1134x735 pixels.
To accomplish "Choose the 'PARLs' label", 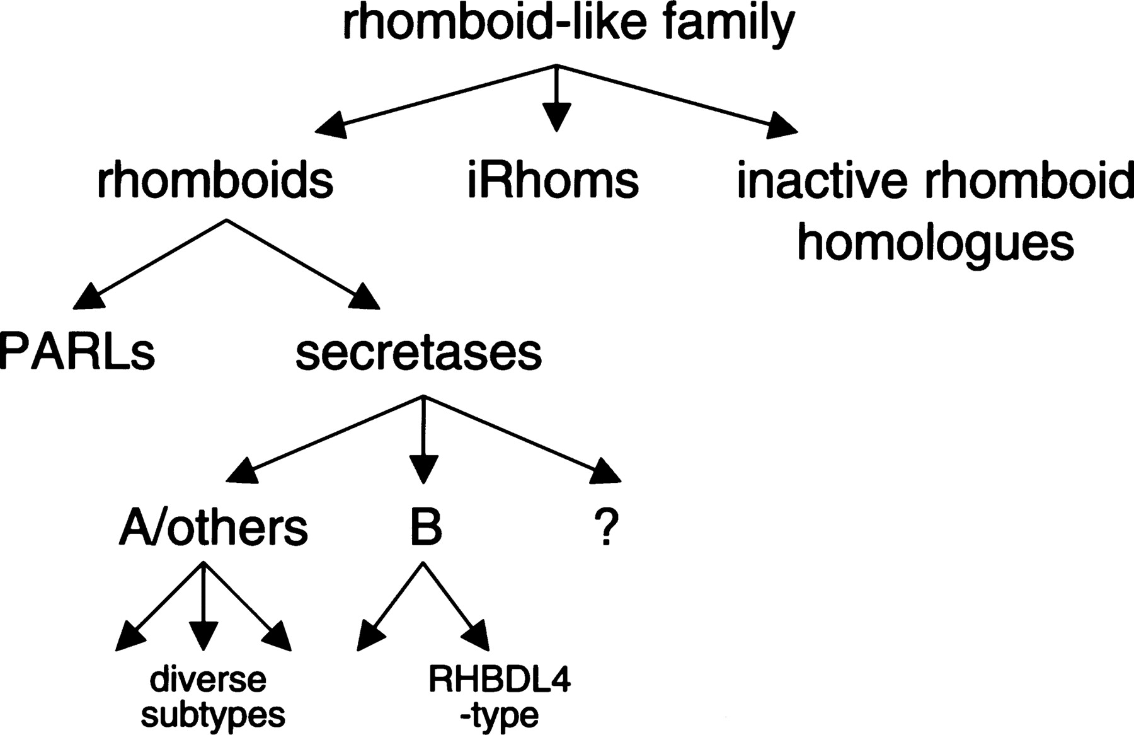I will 77,352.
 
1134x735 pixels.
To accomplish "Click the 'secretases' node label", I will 418,352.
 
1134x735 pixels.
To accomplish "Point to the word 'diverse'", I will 208,680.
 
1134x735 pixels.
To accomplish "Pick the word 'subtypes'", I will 213,715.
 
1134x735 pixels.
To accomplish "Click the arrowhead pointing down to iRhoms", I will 556,118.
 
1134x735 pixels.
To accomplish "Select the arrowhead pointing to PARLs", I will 88,298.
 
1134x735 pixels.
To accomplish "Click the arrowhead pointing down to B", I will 423,470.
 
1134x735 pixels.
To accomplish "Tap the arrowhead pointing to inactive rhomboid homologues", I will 781,126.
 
